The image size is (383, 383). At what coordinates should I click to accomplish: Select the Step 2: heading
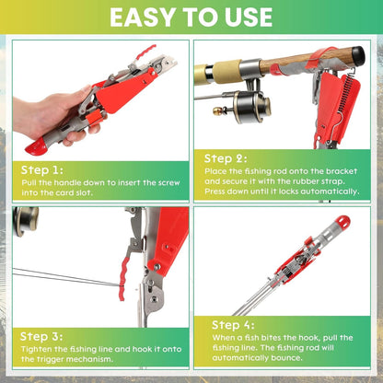pyautogui.click(x=226, y=158)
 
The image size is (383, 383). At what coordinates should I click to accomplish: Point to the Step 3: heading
pyautogui.click(x=42, y=336)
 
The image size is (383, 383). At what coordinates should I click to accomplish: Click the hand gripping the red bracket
pyautogui.click(x=46, y=115)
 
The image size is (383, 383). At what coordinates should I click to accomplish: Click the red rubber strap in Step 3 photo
pyautogui.click(x=117, y=266)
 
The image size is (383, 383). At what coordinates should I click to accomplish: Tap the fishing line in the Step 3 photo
pyautogui.click(x=55, y=275)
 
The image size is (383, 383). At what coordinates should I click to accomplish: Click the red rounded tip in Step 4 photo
pyautogui.click(x=342, y=223)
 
